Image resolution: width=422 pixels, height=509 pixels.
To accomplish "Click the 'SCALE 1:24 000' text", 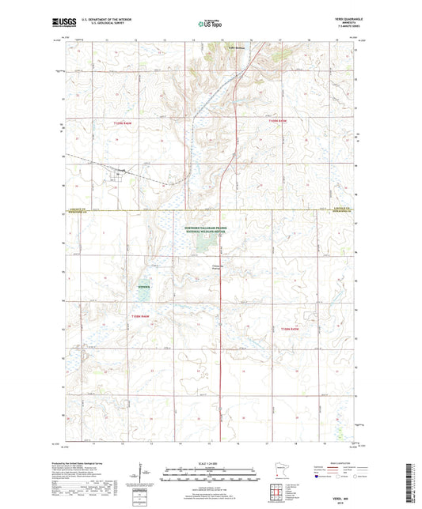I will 211,462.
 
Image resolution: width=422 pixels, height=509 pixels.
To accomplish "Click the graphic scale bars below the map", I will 211,477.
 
